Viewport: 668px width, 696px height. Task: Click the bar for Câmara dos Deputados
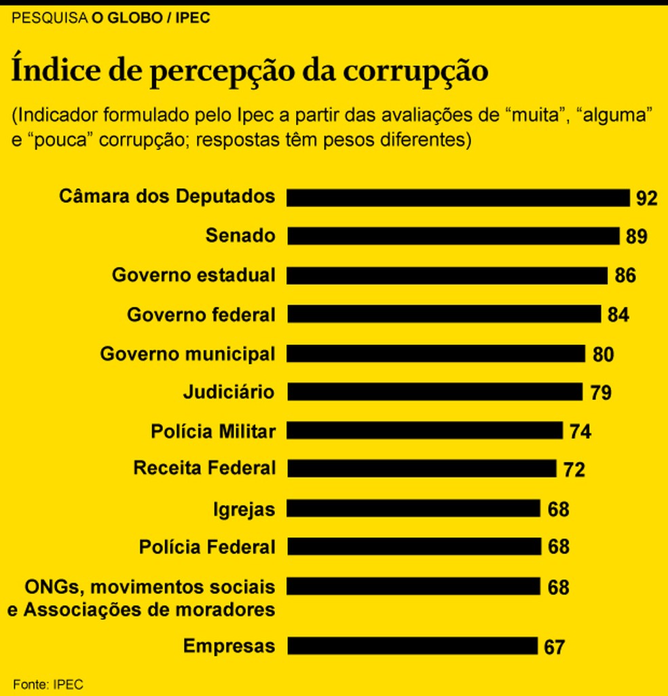[x=458, y=198]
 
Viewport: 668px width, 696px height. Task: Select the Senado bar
[x=453, y=236]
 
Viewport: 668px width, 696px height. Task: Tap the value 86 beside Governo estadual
[x=625, y=276]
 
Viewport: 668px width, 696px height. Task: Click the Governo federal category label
[x=201, y=315]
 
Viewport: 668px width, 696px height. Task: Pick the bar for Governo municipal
[x=436, y=354]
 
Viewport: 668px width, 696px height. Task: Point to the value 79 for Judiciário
[x=601, y=392]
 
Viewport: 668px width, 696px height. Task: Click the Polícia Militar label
[x=212, y=431]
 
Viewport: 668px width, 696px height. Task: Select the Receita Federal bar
[x=422, y=469]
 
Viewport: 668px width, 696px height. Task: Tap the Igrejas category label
[x=244, y=509]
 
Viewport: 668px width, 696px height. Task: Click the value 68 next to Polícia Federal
[x=558, y=547]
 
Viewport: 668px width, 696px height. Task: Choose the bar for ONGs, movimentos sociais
[x=413, y=586]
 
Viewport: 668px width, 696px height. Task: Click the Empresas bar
[x=413, y=646]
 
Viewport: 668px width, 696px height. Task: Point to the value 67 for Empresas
[x=554, y=647]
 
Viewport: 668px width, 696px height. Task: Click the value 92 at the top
[x=647, y=198]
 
